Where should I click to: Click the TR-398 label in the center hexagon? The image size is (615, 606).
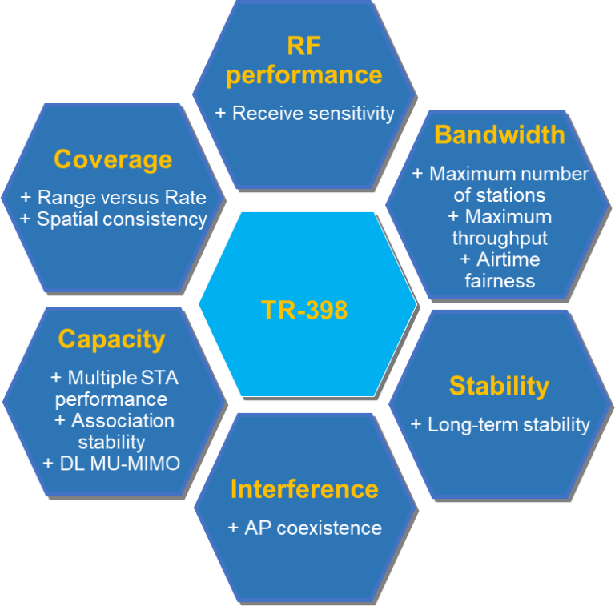304,310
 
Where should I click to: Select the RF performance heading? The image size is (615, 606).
304,60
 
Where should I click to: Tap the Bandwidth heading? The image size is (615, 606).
500,134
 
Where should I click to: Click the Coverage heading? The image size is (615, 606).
113,160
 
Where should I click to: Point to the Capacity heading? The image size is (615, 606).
112,339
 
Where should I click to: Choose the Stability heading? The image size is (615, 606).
500,387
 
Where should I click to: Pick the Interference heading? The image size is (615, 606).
304,489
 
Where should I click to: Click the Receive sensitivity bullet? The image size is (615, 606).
304,114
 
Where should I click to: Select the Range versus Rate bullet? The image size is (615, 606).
114,197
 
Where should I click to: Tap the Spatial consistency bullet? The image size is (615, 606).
114,219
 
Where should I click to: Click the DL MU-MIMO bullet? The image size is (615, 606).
111,464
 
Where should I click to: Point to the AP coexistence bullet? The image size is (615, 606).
305,528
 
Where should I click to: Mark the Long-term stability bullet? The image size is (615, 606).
500,425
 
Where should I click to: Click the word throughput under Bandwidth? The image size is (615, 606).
500,239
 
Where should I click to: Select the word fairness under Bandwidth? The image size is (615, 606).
500,281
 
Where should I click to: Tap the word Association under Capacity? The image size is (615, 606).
123,421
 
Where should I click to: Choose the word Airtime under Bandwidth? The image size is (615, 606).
508,259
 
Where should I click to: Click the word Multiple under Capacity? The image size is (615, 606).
102,379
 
